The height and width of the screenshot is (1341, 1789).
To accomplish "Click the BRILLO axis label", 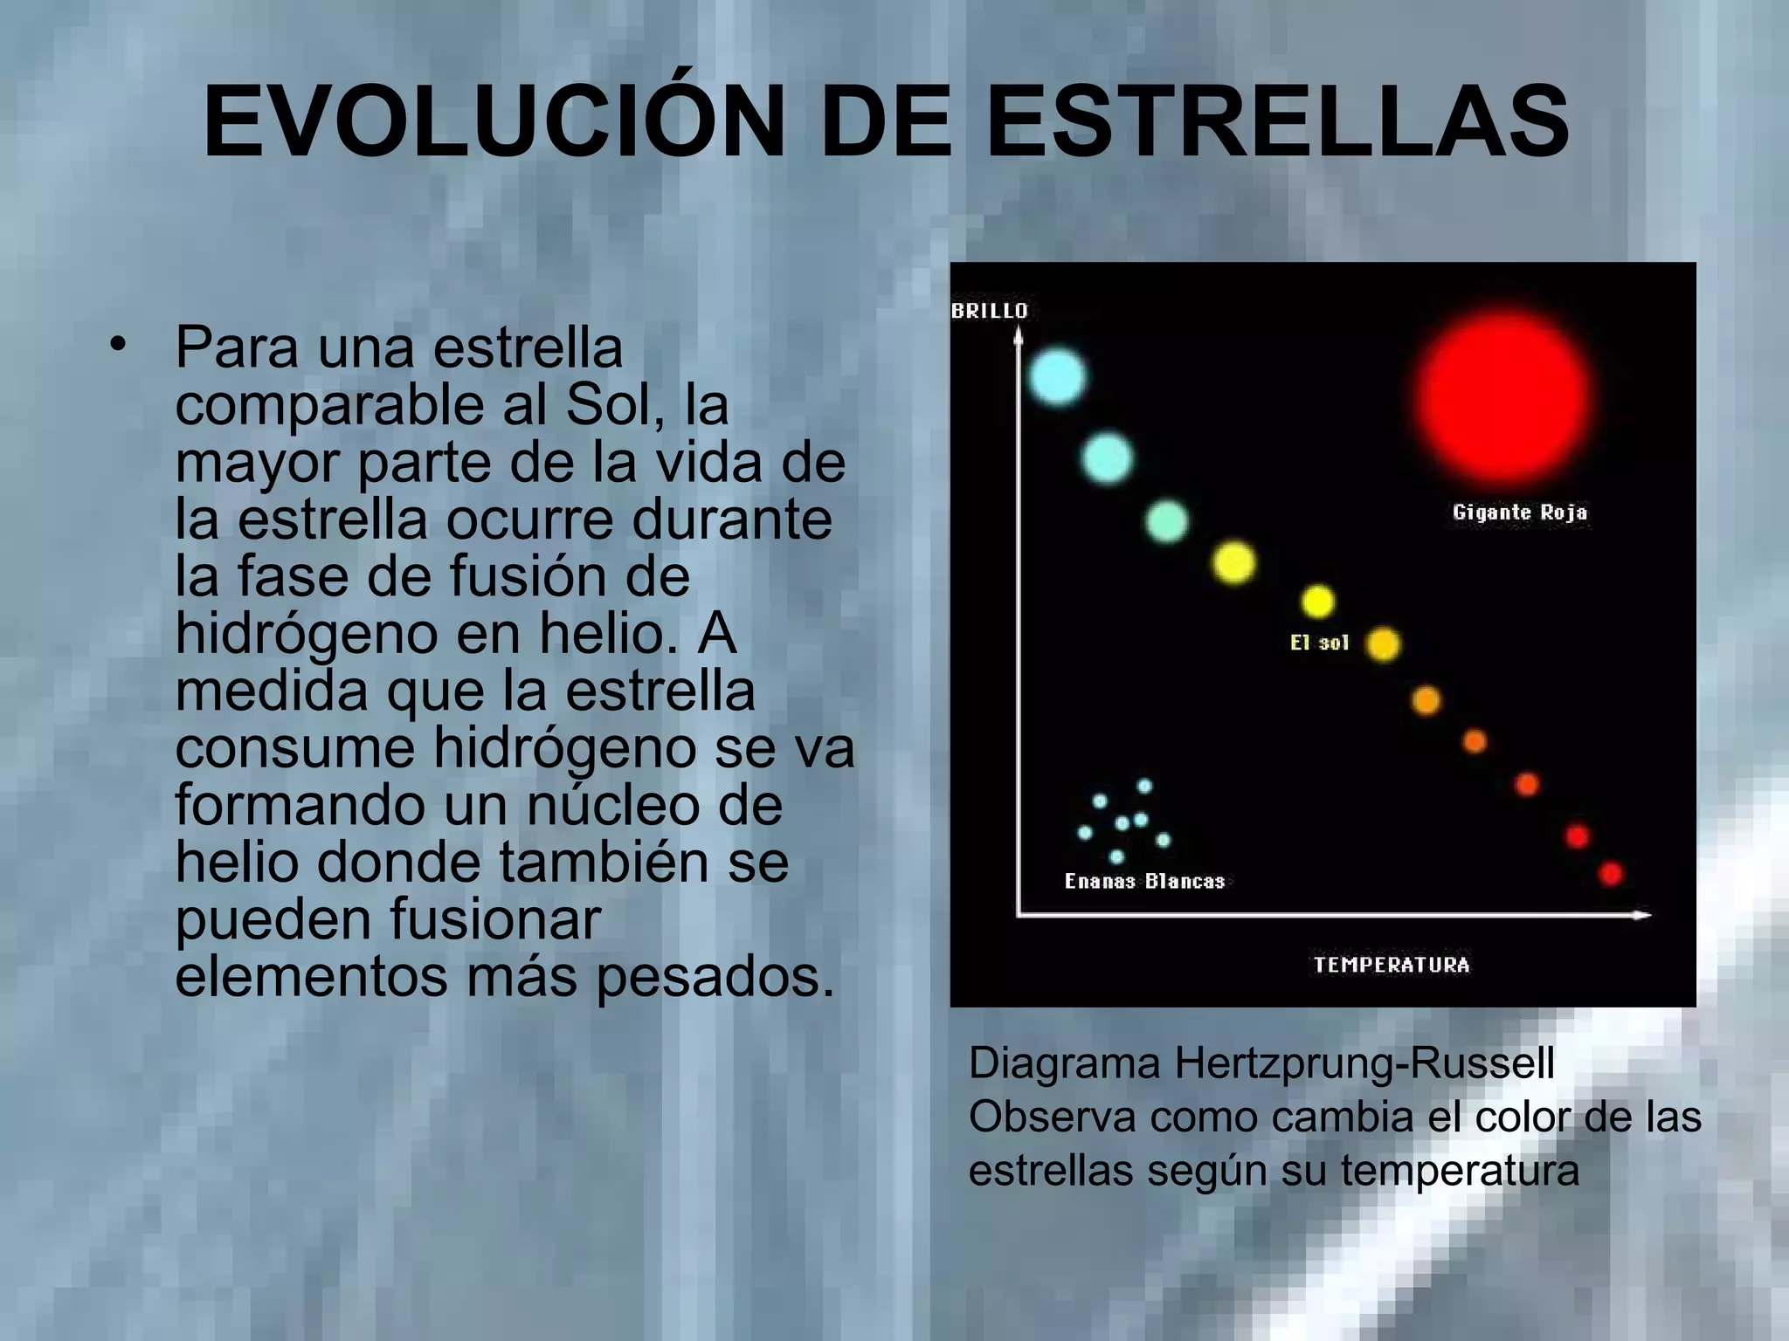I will (989, 311).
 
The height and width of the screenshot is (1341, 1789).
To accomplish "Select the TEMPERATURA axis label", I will (1392, 965).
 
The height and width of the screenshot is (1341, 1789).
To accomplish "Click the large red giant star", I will (1502, 395).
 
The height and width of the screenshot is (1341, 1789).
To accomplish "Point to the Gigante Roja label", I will (1519, 512).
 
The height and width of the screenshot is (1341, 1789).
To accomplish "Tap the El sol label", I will (1319, 643).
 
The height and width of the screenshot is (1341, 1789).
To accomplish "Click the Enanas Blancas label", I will (1144, 881).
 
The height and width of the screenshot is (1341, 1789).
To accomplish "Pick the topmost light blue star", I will (1057, 377).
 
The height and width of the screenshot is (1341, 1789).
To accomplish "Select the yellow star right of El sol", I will (1383, 644).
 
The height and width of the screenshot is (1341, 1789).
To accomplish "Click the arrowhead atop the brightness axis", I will (1018, 334).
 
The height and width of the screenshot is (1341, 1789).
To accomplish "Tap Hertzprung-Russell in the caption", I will (1364, 1063).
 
